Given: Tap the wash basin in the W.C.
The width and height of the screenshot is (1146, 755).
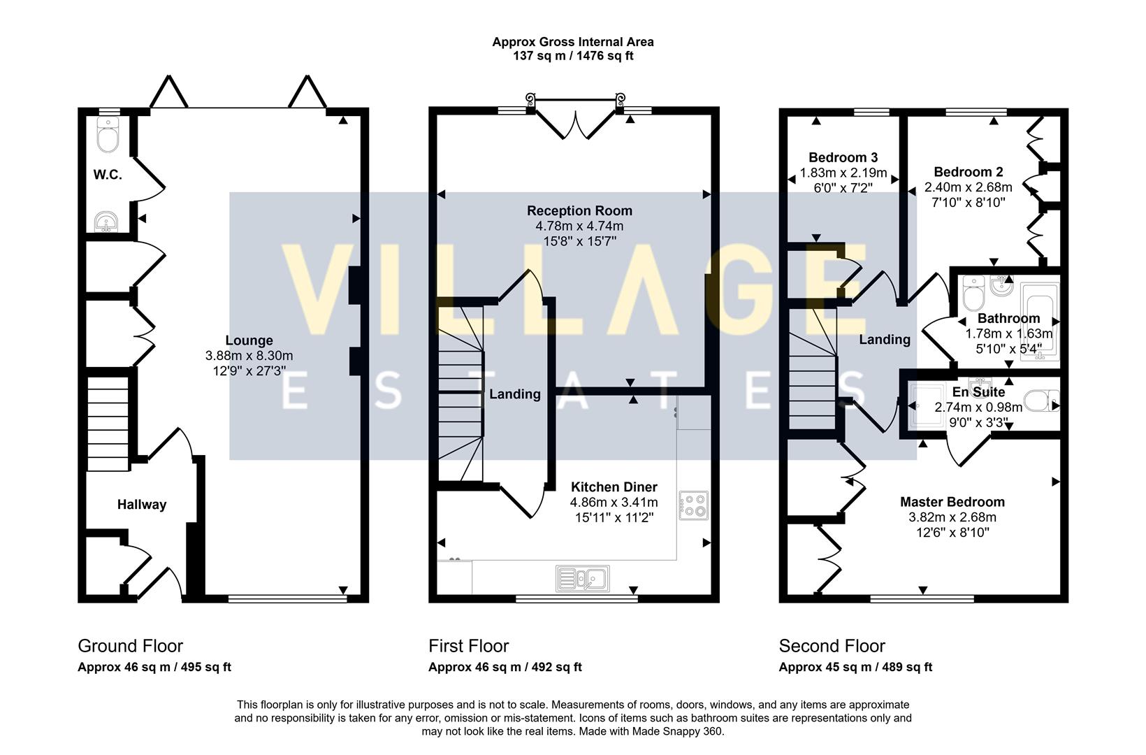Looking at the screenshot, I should (106, 222).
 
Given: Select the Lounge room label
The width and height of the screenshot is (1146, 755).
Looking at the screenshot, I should (249, 340).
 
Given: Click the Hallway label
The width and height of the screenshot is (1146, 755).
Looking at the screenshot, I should (142, 504).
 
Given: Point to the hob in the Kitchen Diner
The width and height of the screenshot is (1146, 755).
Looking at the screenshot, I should (693, 505).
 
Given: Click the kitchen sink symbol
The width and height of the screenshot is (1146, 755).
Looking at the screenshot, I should (582, 579).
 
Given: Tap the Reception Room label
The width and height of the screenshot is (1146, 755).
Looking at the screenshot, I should (579, 210).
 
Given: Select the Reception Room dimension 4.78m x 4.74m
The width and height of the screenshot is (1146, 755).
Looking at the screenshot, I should (579, 226).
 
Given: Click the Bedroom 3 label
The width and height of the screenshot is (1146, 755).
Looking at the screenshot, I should (843, 157).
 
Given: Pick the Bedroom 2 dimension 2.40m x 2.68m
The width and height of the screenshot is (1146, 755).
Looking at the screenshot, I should (968, 187).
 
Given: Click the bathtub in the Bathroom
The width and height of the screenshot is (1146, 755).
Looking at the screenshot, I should (1039, 322).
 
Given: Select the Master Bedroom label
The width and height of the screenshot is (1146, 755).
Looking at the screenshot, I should (952, 501).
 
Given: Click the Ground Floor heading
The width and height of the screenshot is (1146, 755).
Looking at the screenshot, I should (130, 645).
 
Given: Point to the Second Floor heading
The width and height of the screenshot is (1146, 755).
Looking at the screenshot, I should (832, 645).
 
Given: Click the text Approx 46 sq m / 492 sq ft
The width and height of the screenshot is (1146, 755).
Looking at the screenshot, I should (505, 667).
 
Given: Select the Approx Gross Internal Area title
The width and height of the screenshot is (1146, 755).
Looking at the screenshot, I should (572, 41).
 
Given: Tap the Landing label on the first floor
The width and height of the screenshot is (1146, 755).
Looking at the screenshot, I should (514, 394).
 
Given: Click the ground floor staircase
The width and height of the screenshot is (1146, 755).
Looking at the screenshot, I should (108, 424).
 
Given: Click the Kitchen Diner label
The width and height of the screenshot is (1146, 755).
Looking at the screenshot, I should (614, 487).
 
